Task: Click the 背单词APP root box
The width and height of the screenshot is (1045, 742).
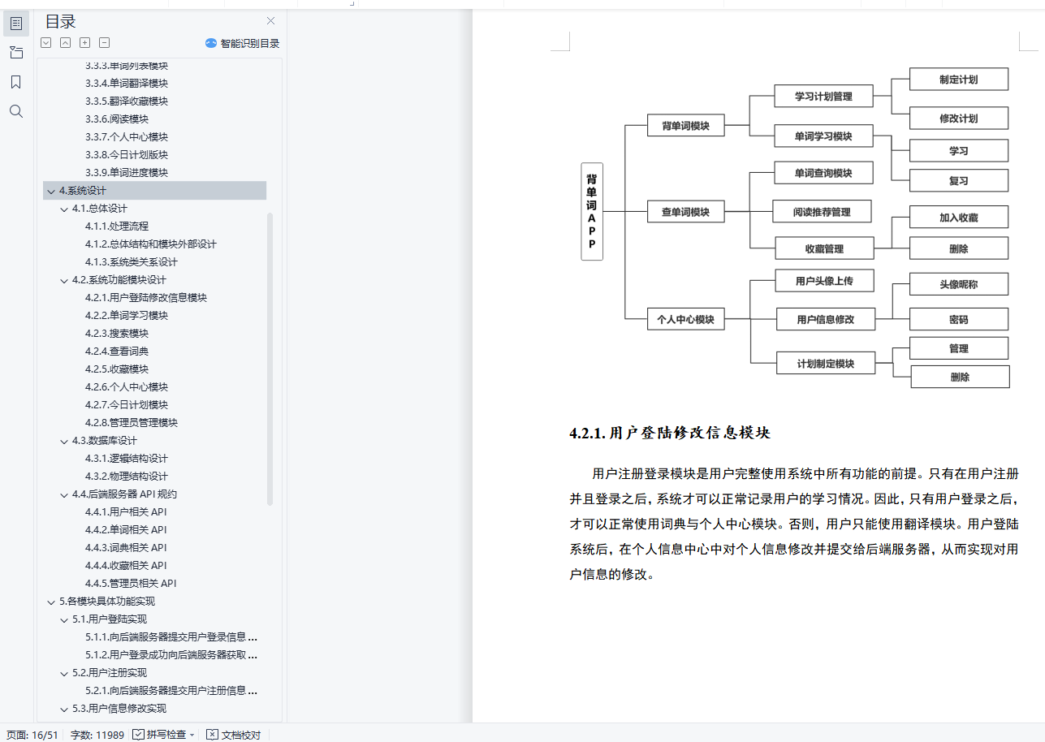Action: (x=592, y=211)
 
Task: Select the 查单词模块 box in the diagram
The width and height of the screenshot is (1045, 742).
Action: (x=685, y=213)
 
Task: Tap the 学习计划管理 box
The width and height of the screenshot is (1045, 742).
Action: (x=823, y=96)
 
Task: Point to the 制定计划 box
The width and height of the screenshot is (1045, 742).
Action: (x=958, y=80)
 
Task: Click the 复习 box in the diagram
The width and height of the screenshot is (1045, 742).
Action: (x=958, y=181)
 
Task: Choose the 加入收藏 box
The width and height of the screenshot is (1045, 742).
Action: (x=958, y=218)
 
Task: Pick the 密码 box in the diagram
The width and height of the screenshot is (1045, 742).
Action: (x=958, y=320)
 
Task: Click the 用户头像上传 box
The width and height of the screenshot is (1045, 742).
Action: (x=823, y=281)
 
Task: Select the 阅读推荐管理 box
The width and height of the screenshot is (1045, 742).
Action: (x=822, y=212)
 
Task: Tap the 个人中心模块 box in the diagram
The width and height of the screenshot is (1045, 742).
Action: (x=685, y=320)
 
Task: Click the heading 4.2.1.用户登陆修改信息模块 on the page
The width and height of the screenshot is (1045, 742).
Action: (x=670, y=433)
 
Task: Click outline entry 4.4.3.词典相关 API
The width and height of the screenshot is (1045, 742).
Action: (x=125, y=548)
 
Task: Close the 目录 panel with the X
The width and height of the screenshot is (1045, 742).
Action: (x=270, y=21)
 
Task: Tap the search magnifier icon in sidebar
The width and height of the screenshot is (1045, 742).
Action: (x=15, y=111)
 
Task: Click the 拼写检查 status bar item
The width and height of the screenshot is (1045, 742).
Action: (x=164, y=735)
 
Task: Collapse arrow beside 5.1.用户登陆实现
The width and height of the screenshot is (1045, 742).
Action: (x=64, y=619)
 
